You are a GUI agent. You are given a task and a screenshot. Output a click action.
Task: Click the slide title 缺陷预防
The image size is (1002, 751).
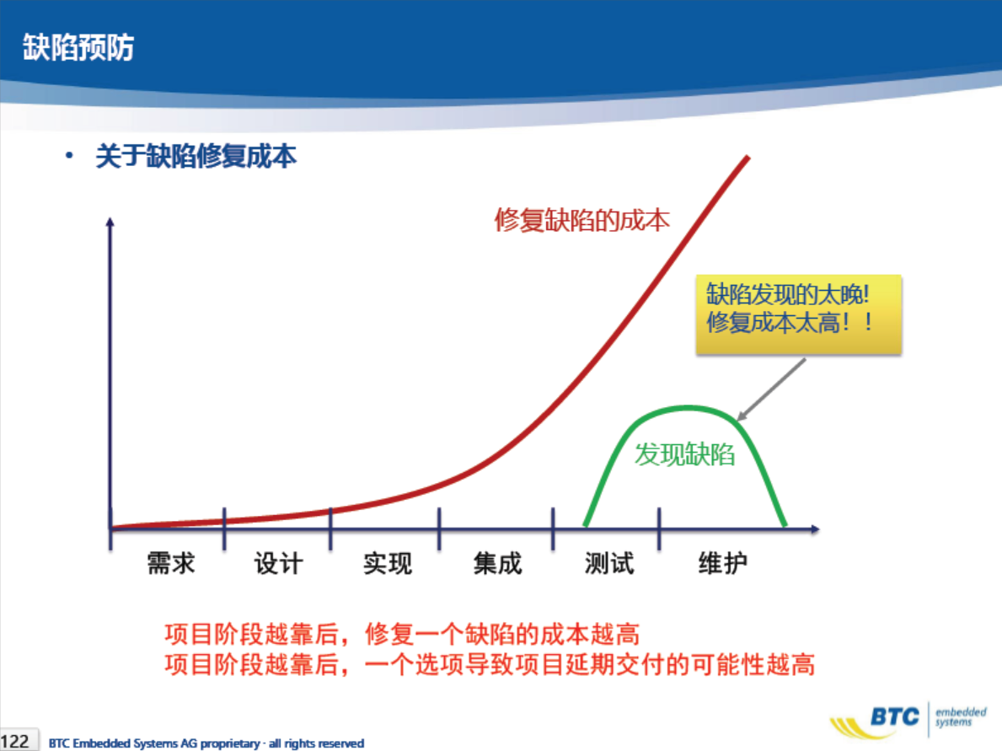[78, 47]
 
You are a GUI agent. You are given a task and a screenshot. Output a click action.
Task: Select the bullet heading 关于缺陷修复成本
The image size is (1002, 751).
[196, 156]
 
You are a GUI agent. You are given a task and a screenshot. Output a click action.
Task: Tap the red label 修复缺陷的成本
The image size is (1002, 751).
[581, 221]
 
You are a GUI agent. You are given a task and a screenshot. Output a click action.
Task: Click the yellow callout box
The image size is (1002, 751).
[798, 314]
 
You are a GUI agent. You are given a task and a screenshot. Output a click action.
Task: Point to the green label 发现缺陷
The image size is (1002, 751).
[684, 454]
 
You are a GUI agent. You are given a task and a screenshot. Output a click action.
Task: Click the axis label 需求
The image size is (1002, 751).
[170, 563]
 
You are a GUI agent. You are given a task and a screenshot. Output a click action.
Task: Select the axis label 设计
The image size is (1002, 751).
[279, 563]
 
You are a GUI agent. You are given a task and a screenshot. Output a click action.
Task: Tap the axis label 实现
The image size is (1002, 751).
[388, 563]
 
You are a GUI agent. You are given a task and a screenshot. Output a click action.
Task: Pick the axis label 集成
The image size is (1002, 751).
[497, 563]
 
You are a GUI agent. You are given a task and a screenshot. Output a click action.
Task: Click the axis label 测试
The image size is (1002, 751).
[609, 563]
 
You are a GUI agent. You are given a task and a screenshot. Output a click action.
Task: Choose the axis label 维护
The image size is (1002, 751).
[722, 563]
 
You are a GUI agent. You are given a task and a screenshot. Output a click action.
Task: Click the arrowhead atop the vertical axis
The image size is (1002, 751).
[110, 222]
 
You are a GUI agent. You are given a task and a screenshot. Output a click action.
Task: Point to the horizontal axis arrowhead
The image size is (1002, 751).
[815, 529]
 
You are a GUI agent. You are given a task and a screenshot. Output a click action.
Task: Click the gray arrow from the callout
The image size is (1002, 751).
[771, 389]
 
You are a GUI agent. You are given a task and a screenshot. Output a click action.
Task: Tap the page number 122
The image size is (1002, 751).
[15, 742]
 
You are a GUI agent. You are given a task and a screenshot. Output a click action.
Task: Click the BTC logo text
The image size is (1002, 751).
[895, 716]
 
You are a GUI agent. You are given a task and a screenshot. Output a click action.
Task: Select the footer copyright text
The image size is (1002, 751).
[206, 743]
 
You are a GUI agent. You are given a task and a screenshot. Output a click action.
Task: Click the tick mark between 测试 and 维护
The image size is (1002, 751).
[659, 528]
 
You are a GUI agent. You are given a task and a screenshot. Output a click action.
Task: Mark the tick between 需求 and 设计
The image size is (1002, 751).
[224, 528]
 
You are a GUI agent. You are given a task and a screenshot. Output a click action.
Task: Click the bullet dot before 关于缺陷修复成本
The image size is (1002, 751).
[69, 155]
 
